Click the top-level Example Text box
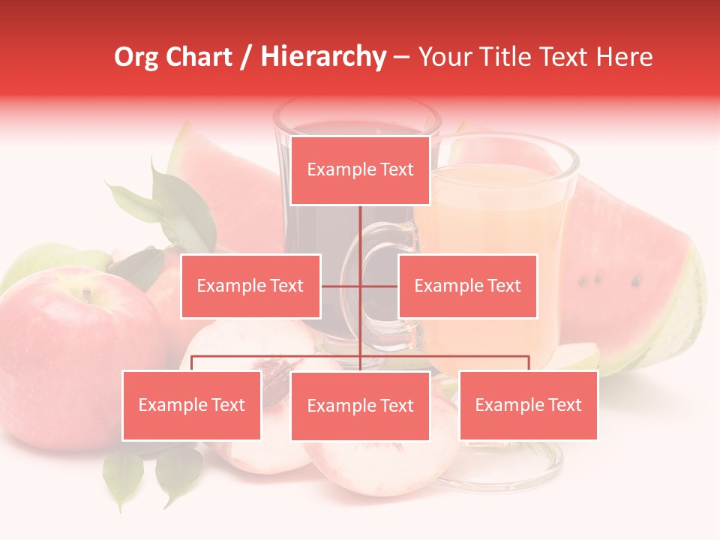(360, 170)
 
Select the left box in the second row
(250, 286)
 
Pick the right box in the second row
(467, 286)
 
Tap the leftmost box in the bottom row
(191, 405)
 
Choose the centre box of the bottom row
(360, 406)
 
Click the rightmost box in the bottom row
(528, 405)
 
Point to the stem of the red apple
(87, 293)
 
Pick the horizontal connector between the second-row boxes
(360, 286)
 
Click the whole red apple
(67, 352)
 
